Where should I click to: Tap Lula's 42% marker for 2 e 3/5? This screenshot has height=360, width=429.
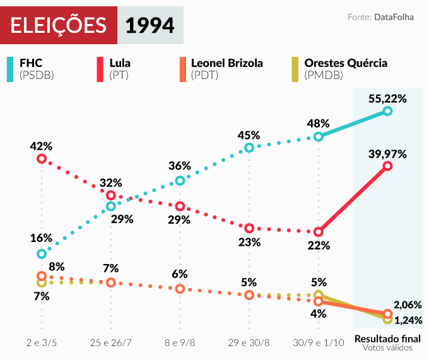point(42,159)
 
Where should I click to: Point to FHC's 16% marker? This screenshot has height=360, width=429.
point(42,254)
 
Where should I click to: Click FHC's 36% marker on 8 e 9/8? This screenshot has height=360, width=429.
point(180,181)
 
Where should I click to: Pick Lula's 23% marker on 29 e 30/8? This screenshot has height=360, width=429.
point(249,228)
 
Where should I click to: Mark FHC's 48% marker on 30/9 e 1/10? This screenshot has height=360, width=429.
point(319,136)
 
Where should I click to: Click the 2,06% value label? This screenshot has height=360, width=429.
point(407,304)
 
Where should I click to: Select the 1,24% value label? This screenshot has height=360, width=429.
point(408,320)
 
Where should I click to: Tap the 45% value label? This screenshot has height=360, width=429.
point(249,135)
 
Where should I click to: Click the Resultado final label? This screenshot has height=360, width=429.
point(387,337)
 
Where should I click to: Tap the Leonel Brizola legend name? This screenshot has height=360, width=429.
point(226,63)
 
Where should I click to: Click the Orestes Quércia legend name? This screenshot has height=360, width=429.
point(346,63)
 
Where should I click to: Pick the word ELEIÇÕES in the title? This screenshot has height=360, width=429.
point(59,26)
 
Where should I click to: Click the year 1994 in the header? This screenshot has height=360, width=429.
point(150,26)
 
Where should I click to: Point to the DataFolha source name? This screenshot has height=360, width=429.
point(394,16)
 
